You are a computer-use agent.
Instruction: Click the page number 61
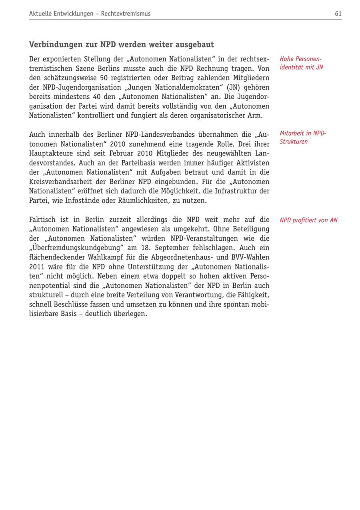click(x=338, y=14)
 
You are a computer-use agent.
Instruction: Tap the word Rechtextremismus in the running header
click(x=126, y=14)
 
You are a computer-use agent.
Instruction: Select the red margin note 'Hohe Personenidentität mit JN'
click(x=301, y=63)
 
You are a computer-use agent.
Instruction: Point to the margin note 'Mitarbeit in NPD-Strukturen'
click(x=303, y=137)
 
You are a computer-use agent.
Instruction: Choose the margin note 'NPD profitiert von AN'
click(x=308, y=220)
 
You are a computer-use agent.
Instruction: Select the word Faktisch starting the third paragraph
click(x=42, y=220)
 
